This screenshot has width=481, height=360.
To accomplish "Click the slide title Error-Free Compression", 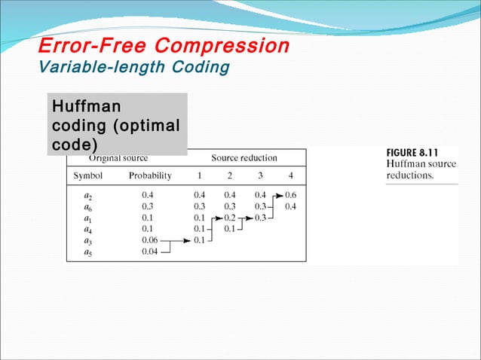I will tap(164, 47).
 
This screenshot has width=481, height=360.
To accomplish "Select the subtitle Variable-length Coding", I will tap(133, 67).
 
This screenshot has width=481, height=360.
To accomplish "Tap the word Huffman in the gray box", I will tap(84, 106).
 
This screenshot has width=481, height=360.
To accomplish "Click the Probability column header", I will tap(150, 175).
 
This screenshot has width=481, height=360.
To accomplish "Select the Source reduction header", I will tap(244, 158).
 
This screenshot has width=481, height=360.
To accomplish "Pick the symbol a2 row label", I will tap(87, 194).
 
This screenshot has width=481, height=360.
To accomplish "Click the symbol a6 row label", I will tap(87, 206).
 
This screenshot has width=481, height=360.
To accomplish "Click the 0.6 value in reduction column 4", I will tap(290, 194).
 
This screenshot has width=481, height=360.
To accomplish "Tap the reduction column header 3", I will tap(260, 175).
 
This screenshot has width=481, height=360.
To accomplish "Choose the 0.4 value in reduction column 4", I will tap(290, 206).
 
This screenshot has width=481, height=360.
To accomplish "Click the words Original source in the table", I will tap(118, 158).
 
